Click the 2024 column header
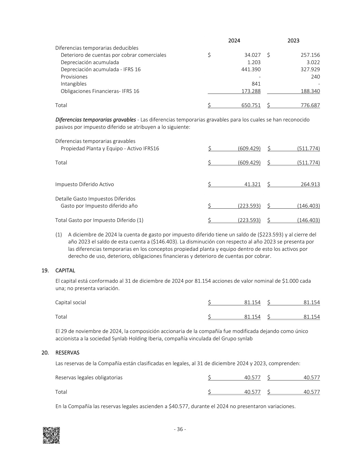[234, 41]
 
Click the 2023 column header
[293, 41]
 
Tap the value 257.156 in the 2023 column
[310, 55]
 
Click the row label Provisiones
[74, 77]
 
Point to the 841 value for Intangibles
[256, 84]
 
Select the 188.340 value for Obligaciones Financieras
[310, 91]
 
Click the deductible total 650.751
[251, 105]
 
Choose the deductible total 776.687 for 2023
[310, 105]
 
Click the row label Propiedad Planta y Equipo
[110, 149]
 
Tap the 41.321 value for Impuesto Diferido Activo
[252, 184]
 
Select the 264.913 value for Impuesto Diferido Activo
[310, 184]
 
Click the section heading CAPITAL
[65, 271]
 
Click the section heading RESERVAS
[67, 353]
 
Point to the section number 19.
[45, 271]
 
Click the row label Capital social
[71, 302]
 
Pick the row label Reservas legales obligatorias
[89, 378]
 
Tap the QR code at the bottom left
[51, 435]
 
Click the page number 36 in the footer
[180, 429]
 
